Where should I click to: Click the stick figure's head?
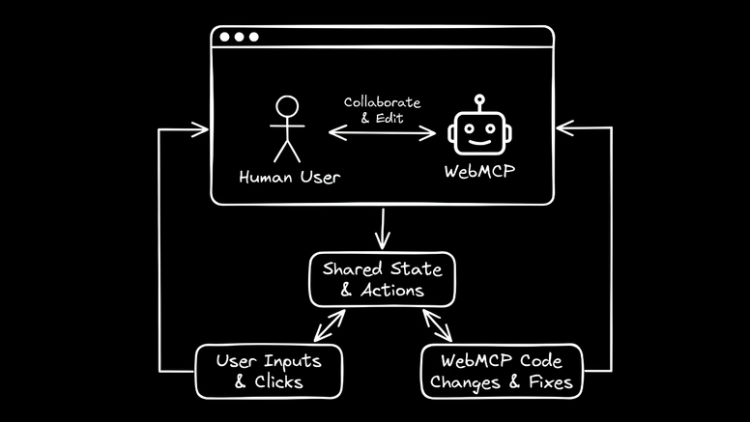[x=285, y=105]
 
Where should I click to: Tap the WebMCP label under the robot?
[x=480, y=173]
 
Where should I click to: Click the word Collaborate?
[x=382, y=101]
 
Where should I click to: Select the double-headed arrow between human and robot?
[x=383, y=133]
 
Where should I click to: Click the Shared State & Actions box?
[x=382, y=278]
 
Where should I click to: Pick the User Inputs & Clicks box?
[x=269, y=372]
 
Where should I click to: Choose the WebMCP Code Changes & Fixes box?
[x=503, y=372]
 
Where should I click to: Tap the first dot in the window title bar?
[x=224, y=38]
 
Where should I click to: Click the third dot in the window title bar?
[x=253, y=38]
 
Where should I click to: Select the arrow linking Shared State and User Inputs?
[x=327, y=325]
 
